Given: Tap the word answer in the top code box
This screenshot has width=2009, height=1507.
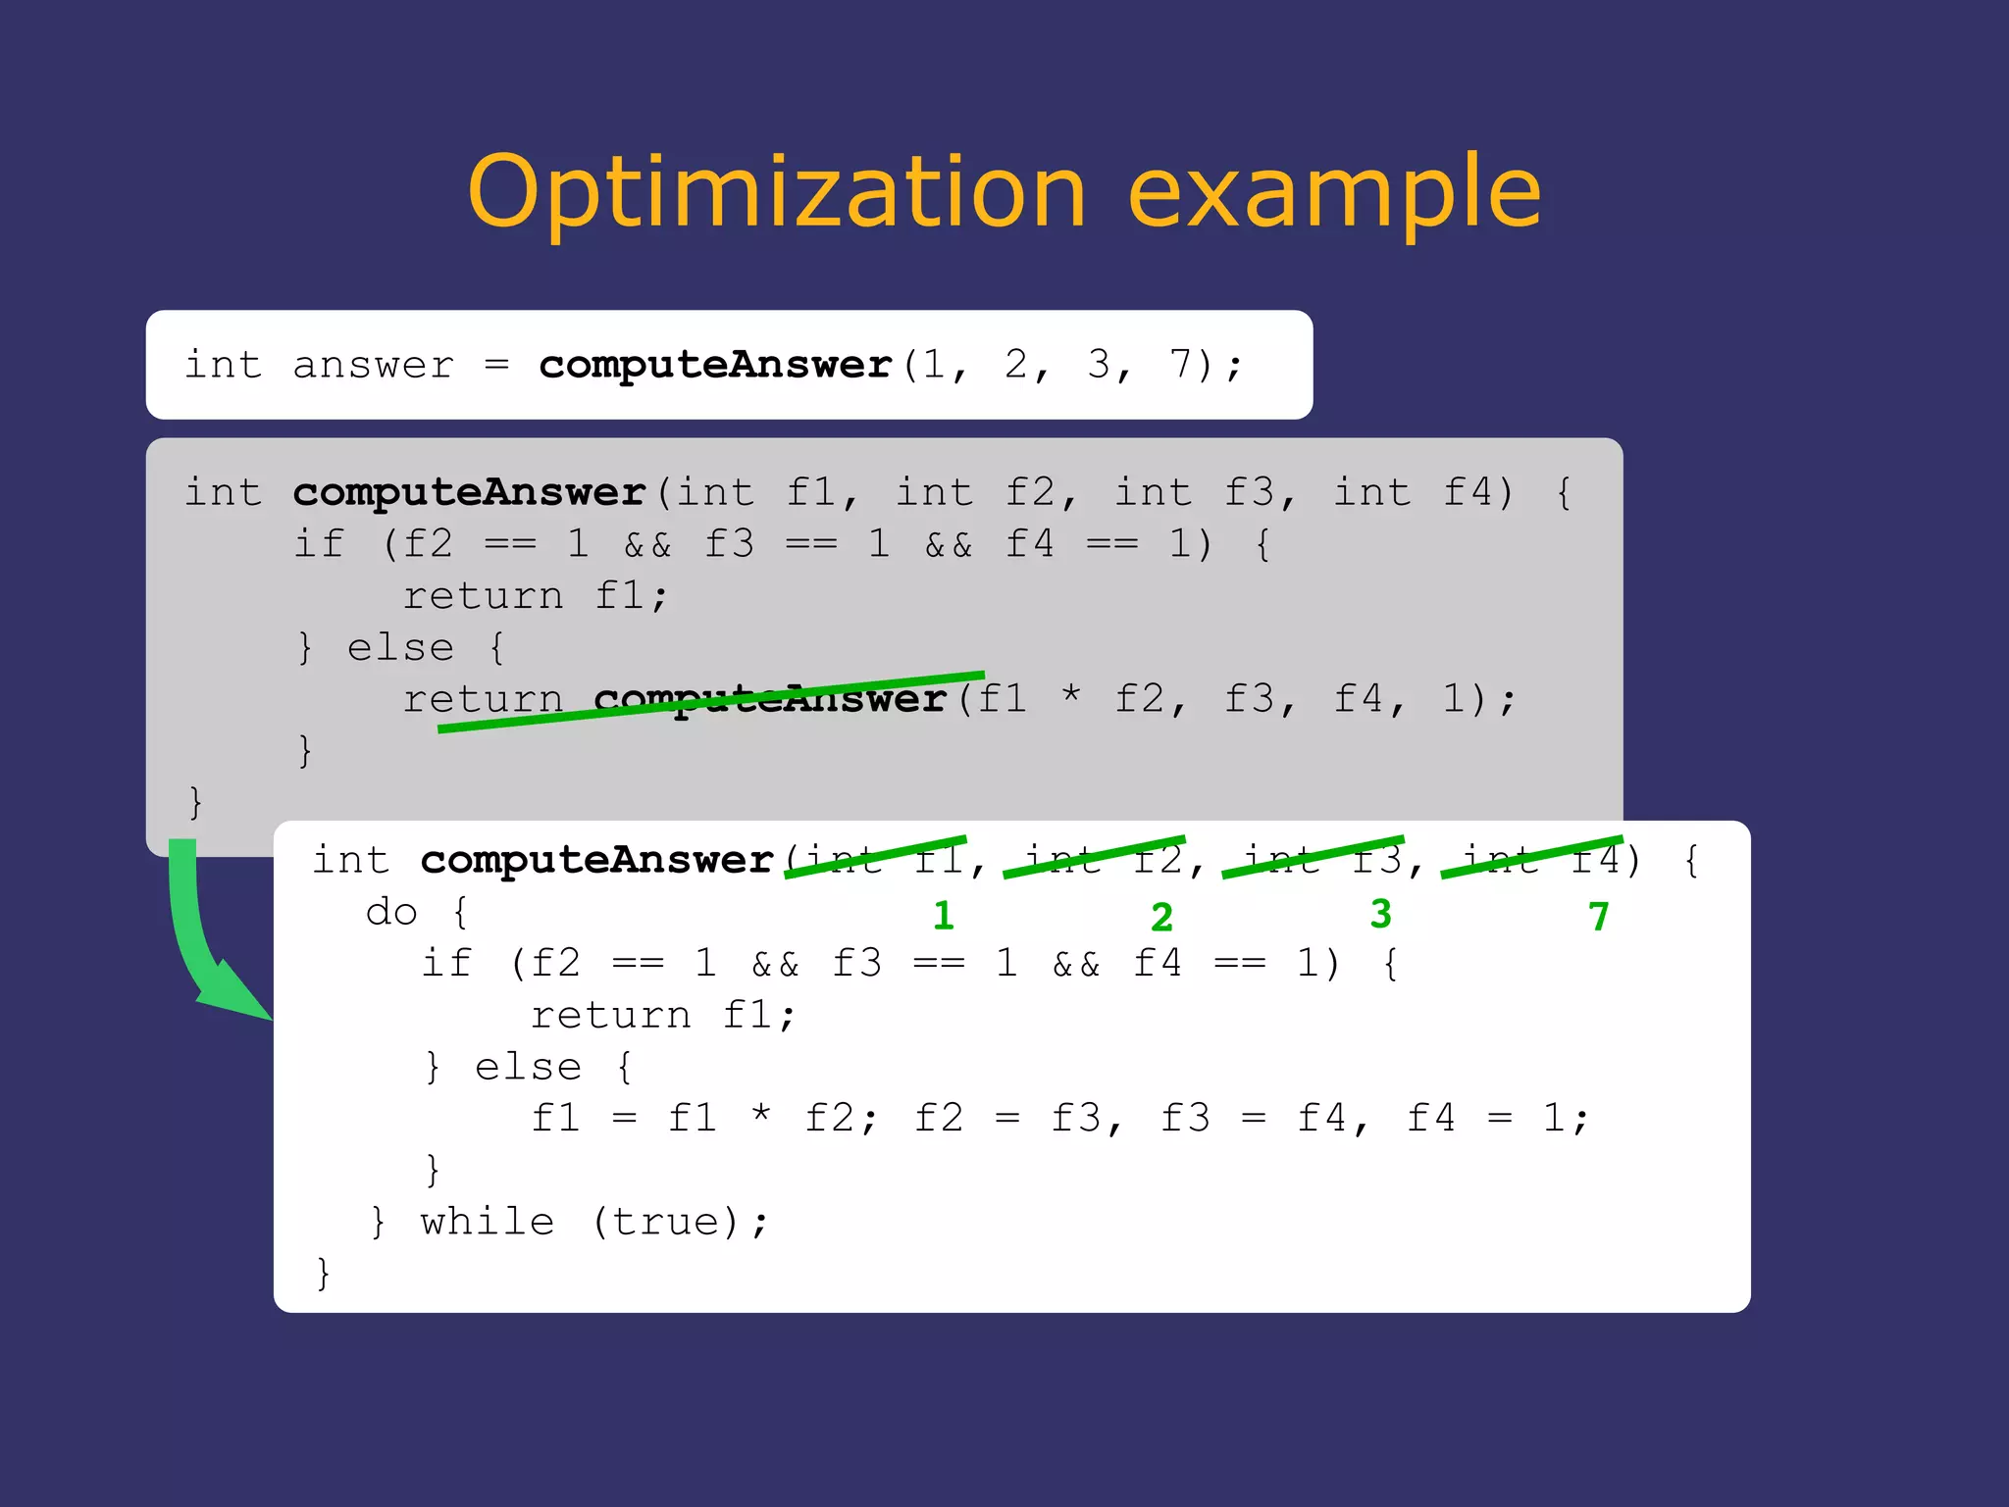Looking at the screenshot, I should point(374,366).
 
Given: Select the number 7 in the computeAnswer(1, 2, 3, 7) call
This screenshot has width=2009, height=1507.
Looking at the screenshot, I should point(1180,364).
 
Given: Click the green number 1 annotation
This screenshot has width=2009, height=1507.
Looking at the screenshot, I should point(944,916).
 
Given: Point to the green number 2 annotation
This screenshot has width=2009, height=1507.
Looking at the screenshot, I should point(1162,918).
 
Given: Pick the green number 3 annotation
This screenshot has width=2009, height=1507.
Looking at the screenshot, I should point(1381,914).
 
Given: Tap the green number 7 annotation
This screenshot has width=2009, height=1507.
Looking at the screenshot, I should point(1599,917).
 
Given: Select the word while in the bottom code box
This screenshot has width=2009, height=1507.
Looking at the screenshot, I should point(488,1223).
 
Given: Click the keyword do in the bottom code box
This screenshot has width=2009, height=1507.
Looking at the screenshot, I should point(391,913).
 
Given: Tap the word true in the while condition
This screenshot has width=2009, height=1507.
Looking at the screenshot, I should point(673,1223).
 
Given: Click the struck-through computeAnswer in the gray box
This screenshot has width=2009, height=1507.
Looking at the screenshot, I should point(770,699).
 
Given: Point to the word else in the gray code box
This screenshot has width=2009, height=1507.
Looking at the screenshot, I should point(400,648).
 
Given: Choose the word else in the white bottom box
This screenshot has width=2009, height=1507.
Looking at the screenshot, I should point(528,1067).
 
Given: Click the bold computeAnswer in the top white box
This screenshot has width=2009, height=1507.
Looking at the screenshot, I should point(715,365).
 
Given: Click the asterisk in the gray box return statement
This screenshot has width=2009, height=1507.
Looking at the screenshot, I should point(1071,697).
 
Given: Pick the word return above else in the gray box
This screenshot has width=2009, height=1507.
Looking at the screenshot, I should point(483,596).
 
